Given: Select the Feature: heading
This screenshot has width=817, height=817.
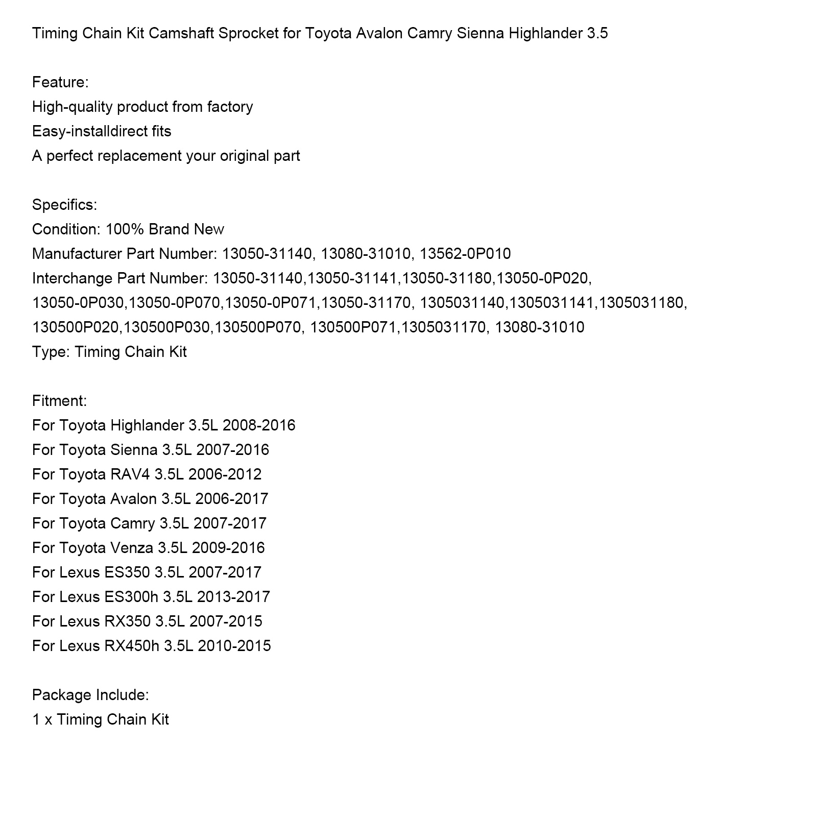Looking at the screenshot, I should (60, 82).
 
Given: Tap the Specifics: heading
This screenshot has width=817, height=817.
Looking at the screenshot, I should (64, 205).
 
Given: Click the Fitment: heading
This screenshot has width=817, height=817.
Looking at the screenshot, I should (59, 401).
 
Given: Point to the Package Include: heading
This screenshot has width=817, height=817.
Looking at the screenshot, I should (90, 695).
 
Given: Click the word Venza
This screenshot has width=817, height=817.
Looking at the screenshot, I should (131, 548).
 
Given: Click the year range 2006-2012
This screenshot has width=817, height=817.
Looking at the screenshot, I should (225, 474).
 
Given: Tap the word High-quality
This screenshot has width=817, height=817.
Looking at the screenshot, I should (72, 107).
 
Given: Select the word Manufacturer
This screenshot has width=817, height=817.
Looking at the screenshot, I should (77, 254).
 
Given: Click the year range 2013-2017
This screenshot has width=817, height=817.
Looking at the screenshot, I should (233, 597).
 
